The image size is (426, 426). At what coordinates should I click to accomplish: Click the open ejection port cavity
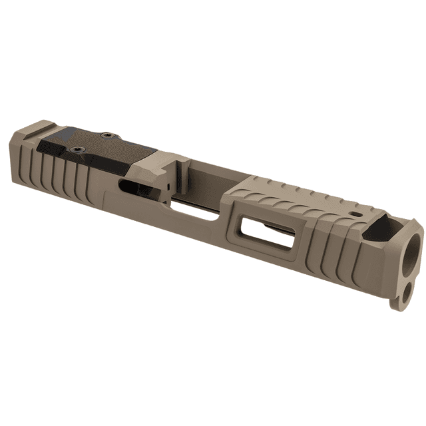coord(200,176)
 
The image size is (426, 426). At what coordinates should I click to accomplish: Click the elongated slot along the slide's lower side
coord(193,212)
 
